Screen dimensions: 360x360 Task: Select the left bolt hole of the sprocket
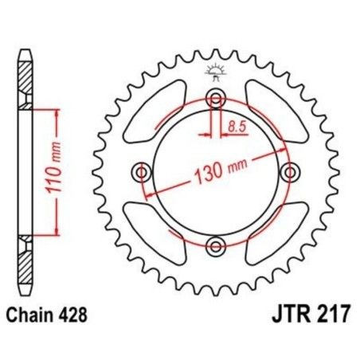tap(143, 172)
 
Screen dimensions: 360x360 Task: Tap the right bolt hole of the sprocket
tap(290, 172)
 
